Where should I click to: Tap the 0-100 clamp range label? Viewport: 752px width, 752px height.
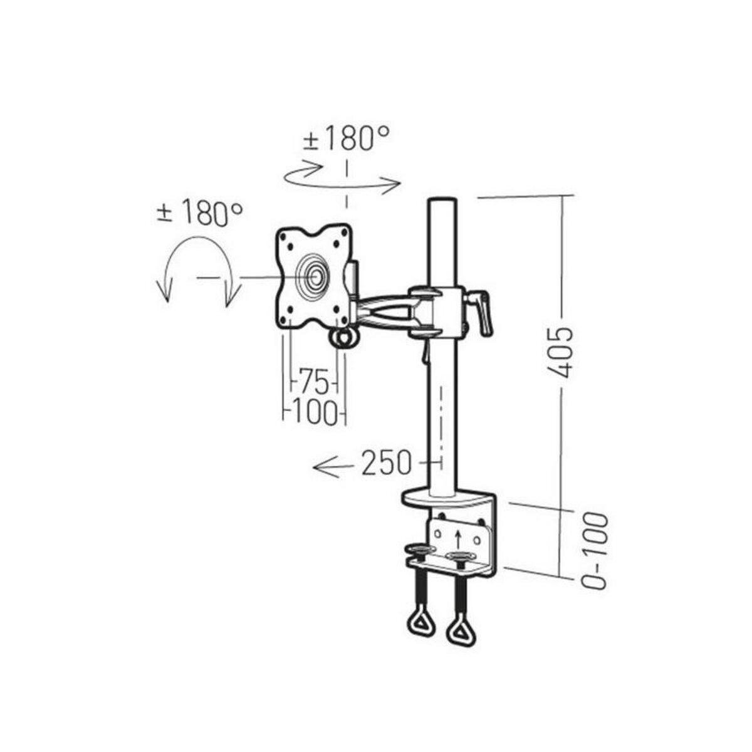594,550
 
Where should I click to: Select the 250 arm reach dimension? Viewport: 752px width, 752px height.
387,463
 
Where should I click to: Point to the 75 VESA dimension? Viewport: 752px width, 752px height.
313,380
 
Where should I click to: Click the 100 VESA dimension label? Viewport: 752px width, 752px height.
315,412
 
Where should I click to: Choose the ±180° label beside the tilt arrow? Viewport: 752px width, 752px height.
199,214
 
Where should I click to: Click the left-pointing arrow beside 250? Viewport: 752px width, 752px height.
333,466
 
